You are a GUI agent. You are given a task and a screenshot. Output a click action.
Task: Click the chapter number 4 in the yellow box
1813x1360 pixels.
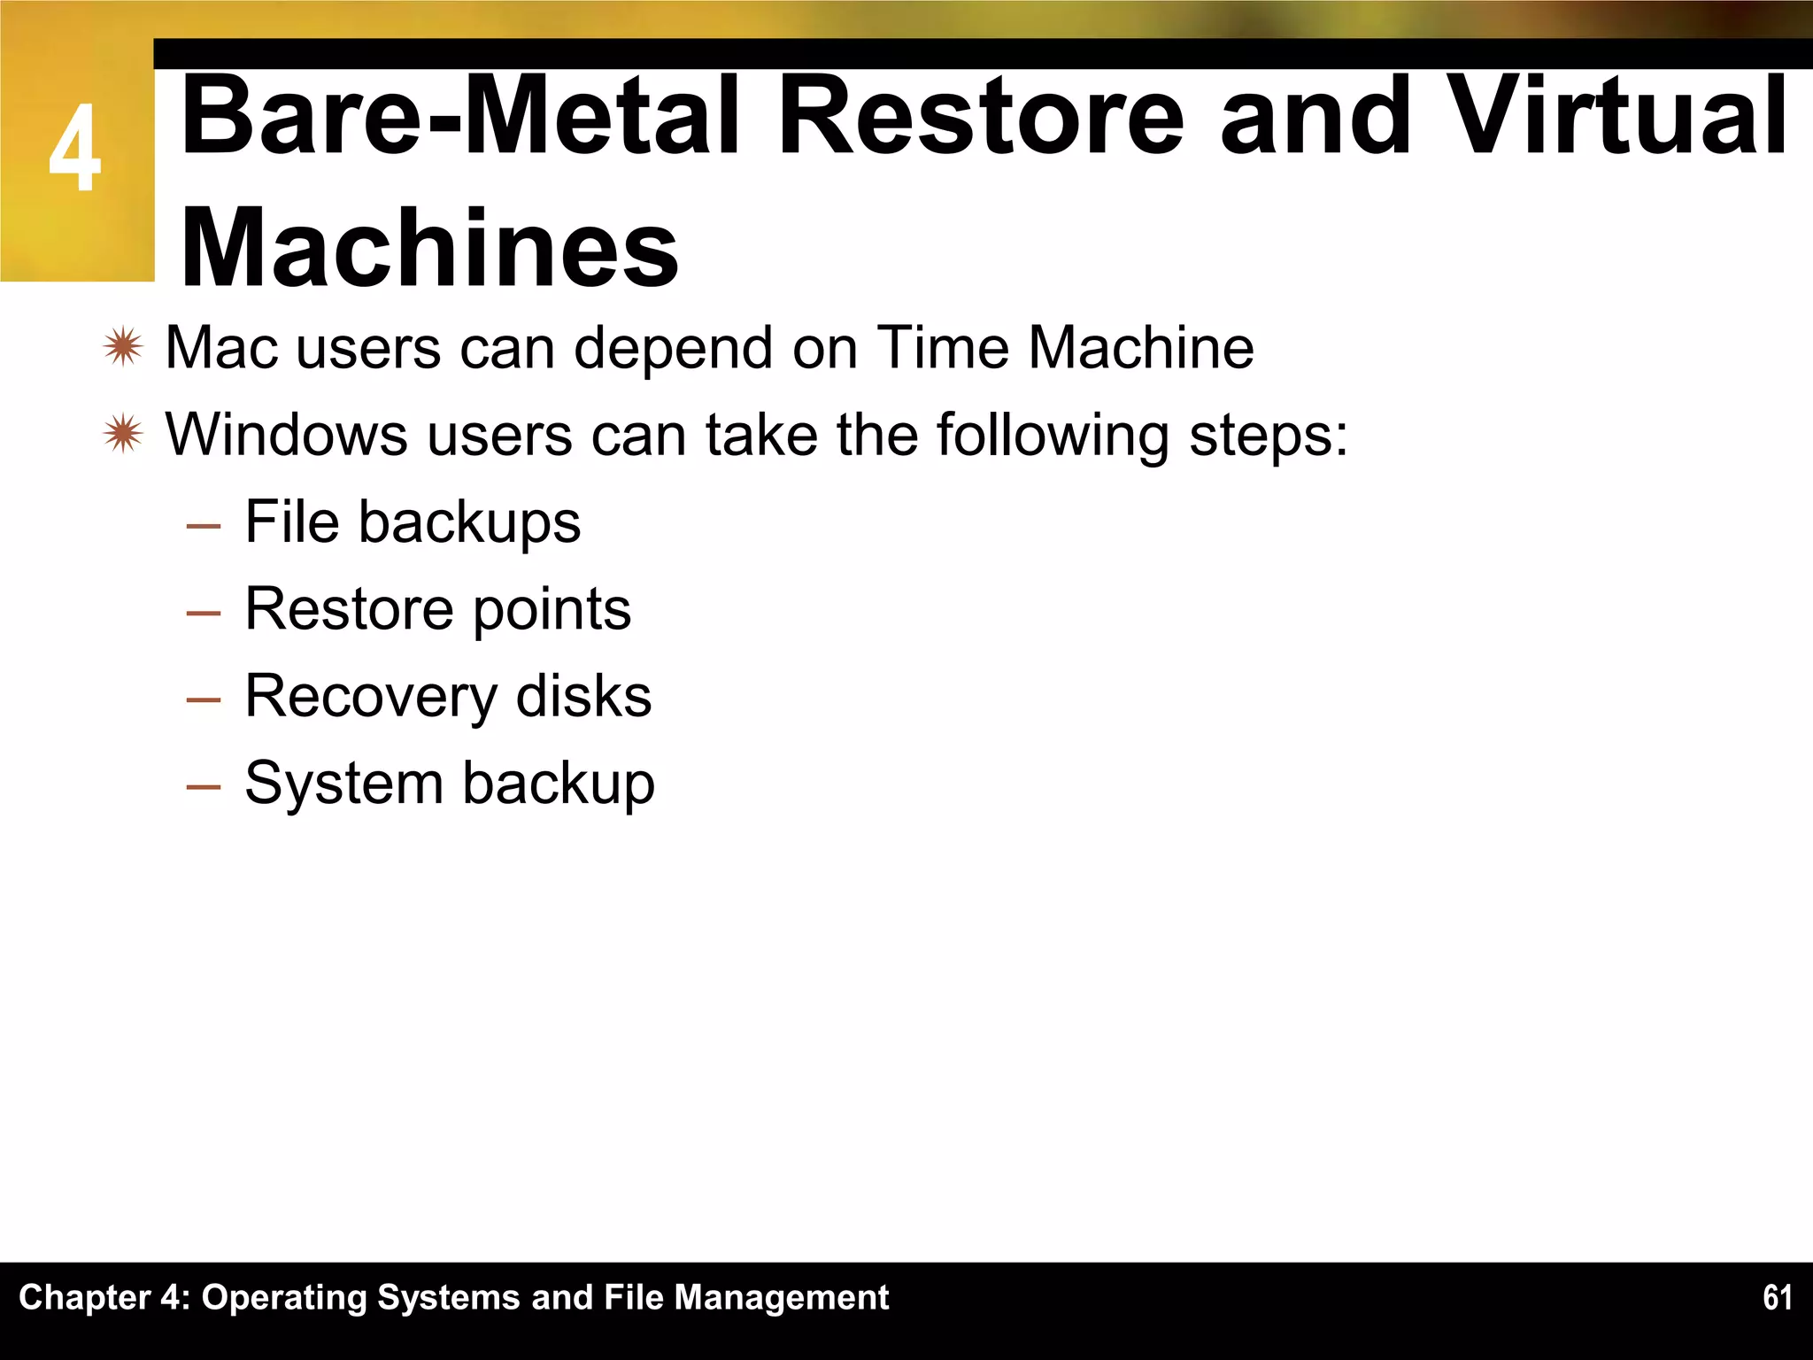tap(75, 149)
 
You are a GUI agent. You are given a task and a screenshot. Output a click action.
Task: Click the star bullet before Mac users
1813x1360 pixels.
tap(123, 347)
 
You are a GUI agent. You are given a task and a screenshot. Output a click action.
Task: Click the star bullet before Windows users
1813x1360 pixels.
tap(123, 435)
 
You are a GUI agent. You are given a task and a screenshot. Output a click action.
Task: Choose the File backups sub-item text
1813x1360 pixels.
tap(413, 522)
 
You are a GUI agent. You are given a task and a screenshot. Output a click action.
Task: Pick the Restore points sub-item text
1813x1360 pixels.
tap(437, 609)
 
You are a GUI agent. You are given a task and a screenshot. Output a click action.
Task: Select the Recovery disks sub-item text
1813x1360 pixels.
tap(448, 696)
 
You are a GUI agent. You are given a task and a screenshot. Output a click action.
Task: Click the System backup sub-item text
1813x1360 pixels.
tap(449, 784)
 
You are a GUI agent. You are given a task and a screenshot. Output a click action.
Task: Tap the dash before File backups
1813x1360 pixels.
tap(204, 526)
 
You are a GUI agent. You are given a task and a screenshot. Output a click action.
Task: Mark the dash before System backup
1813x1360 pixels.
tap(204, 787)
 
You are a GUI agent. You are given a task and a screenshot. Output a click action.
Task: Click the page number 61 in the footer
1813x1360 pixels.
tap(1777, 1297)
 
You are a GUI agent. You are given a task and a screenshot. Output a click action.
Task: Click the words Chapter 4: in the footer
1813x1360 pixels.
tap(104, 1297)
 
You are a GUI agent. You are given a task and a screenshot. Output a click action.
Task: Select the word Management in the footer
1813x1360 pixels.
tap(781, 1297)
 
